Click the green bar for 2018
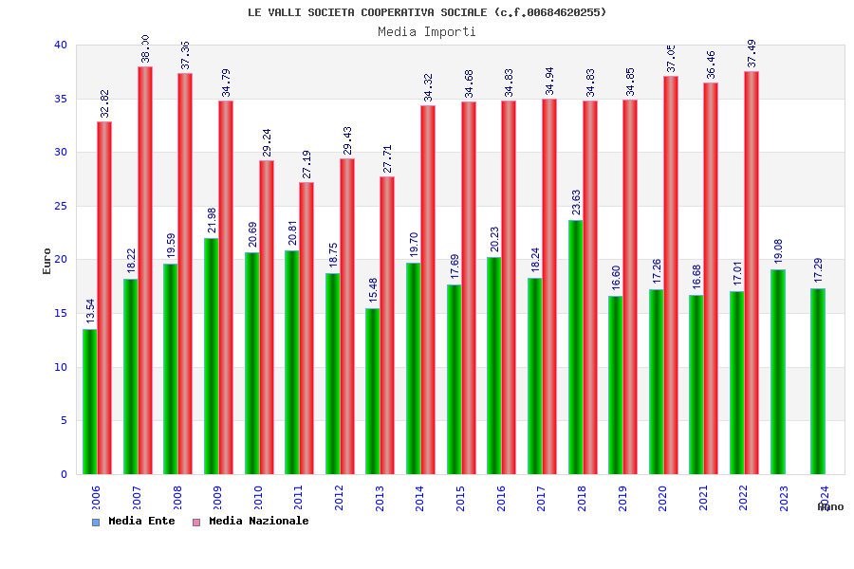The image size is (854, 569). pos(575,347)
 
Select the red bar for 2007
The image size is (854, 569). pos(145,270)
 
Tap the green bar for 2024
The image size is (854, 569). pos(818,381)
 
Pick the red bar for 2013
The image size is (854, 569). pos(387,325)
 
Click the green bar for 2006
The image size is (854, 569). pos(89,401)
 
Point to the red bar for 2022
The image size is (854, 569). pos(752,273)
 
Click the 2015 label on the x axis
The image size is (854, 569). pos(460,498)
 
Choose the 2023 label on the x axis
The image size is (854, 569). pos(784,498)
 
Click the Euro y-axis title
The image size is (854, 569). pos(47,261)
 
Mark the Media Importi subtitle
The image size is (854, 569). pos(427,31)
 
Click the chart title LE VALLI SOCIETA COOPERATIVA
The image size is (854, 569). pos(427,12)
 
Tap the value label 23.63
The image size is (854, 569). pos(576,203)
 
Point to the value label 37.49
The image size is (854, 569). pos(752,53)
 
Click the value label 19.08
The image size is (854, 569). pos(778,251)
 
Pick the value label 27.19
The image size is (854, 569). pos(306,164)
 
